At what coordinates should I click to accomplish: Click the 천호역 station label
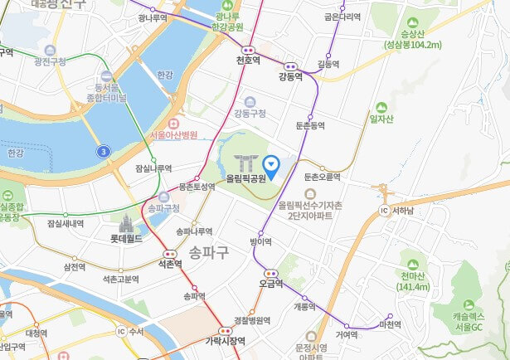click(248, 61)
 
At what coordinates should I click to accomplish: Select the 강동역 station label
click(291, 76)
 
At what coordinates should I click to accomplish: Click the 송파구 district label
click(208, 251)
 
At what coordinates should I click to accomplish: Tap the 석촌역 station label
click(170, 264)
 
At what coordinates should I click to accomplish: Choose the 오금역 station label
click(270, 283)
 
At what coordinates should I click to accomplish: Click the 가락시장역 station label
click(226, 341)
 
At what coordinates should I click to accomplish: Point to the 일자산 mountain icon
click(381, 108)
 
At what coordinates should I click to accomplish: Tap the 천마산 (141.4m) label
click(413, 281)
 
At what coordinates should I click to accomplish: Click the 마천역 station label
click(389, 324)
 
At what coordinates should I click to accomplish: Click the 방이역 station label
click(260, 242)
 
